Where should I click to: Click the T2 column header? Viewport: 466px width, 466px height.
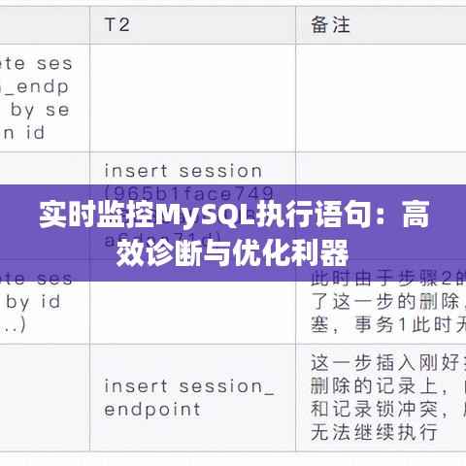coord(116,23)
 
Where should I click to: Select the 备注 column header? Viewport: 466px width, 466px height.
coord(331,23)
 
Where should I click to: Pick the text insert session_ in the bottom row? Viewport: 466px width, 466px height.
coord(188,384)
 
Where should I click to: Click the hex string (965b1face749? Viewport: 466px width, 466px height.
coord(188,193)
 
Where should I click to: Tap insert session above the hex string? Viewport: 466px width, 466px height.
coord(183,171)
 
